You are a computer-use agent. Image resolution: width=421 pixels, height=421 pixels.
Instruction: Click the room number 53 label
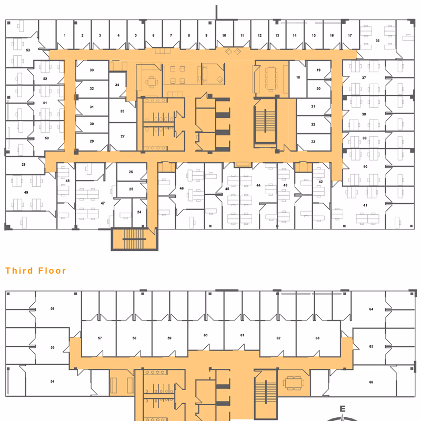[x=28, y=49]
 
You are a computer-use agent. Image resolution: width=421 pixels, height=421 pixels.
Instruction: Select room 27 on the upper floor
[x=123, y=136]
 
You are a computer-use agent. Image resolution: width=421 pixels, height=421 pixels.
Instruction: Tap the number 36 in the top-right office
[x=377, y=41]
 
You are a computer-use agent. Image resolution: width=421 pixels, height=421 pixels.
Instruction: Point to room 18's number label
[x=298, y=77]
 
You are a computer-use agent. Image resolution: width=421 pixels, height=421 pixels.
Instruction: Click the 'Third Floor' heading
[x=36, y=271]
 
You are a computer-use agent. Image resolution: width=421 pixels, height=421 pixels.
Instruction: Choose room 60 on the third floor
[x=206, y=335]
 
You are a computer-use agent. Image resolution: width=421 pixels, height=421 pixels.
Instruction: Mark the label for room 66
[x=371, y=382]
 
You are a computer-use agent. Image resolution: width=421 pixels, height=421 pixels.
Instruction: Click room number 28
[x=24, y=165]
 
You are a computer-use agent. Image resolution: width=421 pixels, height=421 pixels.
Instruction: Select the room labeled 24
[x=139, y=212]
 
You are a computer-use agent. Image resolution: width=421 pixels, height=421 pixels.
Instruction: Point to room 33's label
[x=92, y=70]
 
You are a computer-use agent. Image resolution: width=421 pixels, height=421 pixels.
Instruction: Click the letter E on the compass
[x=342, y=409]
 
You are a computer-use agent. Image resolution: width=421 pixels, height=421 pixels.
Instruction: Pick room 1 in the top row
[x=65, y=35]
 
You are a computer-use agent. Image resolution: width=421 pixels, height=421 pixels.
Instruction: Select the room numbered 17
[x=350, y=35]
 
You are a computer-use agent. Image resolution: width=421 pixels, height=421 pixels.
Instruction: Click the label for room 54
[x=53, y=381]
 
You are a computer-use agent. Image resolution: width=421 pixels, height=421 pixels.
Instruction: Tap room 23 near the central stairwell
[x=313, y=142]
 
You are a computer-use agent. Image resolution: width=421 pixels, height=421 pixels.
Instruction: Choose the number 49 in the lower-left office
[x=26, y=193]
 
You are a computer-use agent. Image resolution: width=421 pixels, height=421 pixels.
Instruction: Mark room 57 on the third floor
[x=99, y=338]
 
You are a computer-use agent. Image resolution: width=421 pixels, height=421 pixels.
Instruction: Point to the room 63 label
[x=317, y=338]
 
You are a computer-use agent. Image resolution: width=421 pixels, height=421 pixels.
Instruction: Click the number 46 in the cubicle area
[x=182, y=188]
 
